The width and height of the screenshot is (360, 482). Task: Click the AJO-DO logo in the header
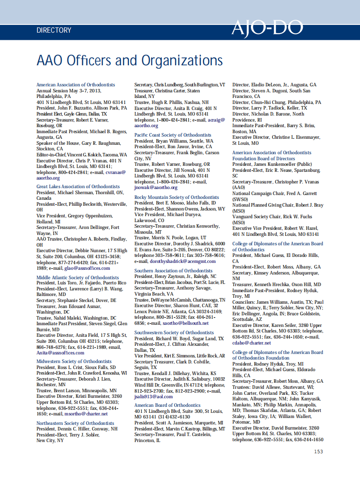[267, 28]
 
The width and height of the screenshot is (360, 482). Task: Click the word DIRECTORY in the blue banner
[54, 31]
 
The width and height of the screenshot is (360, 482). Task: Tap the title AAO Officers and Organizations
[130, 60]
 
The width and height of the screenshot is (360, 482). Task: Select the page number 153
[318, 451]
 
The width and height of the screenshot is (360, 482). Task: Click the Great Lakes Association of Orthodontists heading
[78, 186]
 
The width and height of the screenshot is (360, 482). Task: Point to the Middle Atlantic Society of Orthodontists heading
[78, 278]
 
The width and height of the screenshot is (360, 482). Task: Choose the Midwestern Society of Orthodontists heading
[74, 361]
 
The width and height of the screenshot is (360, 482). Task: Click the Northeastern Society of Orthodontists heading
[75, 423]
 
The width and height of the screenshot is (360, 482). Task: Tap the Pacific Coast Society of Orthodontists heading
[173, 135]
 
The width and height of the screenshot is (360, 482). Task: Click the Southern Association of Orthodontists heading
[174, 271]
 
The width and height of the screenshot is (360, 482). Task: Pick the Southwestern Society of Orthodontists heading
[174, 333]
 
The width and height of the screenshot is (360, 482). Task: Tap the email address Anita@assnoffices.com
[61, 353]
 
